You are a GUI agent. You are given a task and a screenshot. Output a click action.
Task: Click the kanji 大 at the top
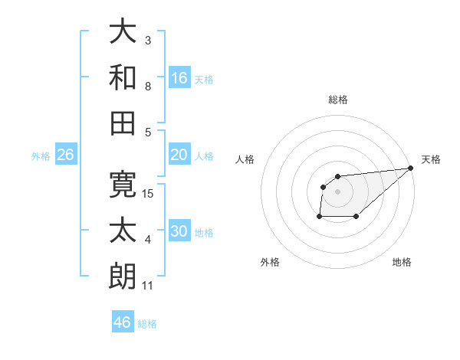123,31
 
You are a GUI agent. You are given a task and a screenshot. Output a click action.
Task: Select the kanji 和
123,77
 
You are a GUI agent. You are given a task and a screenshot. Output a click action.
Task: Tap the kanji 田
123,122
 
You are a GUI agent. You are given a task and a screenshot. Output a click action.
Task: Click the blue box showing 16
179,78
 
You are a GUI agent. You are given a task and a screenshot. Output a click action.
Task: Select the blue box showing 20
179,155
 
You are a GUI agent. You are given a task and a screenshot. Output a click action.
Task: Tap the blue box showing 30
179,231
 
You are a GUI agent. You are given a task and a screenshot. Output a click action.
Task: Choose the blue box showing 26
66,155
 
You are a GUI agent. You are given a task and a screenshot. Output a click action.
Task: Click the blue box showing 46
123,322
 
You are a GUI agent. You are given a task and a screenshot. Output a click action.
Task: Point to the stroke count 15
149,194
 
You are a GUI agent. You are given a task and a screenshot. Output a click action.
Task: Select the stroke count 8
148,86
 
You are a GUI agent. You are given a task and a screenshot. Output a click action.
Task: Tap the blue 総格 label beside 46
147,324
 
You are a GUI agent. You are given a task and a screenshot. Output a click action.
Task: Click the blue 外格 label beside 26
41,156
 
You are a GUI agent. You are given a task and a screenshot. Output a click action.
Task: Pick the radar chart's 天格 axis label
431,159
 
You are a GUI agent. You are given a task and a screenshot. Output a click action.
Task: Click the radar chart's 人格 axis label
245,159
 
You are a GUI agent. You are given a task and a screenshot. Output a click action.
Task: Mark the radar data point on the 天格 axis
411,168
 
